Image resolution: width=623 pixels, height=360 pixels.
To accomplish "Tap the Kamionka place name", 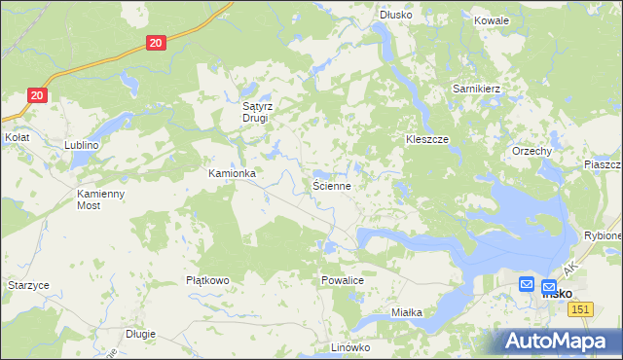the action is pos(232,173).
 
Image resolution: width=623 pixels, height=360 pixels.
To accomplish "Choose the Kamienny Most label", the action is pos(102,199).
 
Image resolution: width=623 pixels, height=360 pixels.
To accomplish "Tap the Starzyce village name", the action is pos(28,285).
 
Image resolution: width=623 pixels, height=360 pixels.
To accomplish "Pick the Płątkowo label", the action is pos(207,280).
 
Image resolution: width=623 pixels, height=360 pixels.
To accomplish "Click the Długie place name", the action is pos(140,334).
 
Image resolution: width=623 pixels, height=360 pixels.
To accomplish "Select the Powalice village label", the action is pos(342,279).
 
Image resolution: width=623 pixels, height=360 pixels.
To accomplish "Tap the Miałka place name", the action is pos(406,312).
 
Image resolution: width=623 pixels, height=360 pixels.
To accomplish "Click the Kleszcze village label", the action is pos(426,139).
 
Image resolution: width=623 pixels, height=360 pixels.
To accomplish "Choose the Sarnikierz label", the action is pos(476,89).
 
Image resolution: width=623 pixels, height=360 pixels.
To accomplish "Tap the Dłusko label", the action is pos(396,15).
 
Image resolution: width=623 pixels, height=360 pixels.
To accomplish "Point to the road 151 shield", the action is pos(581,308).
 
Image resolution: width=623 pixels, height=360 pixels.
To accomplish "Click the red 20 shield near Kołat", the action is pos(36,95).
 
